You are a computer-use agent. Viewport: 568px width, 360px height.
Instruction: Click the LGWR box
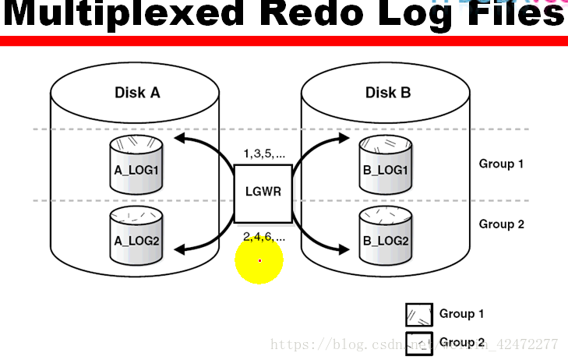point(263,191)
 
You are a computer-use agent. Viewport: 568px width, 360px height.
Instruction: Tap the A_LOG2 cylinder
point(136,232)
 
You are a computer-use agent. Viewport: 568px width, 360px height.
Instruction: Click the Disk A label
point(137,94)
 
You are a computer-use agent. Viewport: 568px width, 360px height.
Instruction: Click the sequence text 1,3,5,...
point(264,154)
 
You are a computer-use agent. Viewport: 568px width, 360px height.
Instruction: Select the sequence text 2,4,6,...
point(264,235)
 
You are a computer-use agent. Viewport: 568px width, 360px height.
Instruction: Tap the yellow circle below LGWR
point(259,261)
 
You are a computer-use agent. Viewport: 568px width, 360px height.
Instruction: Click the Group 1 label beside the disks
point(501,164)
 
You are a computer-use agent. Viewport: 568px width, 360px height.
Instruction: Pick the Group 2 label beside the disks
point(501,224)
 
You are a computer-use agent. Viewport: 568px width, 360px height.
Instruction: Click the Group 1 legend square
point(418,315)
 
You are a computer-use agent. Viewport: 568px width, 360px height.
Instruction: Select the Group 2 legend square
point(418,343)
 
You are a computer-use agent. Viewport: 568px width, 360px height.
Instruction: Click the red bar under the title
point(284,41)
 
